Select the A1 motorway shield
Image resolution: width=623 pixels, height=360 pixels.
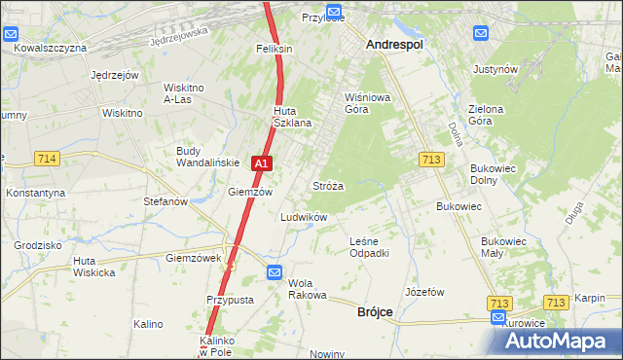(x=260, y=165)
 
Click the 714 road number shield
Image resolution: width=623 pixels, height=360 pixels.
(x=46, y=158)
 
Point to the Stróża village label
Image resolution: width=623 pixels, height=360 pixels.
(x=326, y=185)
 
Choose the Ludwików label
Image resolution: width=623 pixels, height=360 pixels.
(x=303, y=217)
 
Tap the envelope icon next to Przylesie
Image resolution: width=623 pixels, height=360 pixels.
(x=336, y=12)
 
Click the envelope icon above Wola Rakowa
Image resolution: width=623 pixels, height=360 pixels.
(x=275, y=273)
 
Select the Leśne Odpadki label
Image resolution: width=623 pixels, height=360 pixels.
(x=369, y=247)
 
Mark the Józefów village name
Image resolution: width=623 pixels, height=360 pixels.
(x=424, y=292)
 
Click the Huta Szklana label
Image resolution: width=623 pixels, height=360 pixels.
(x=291, y=116)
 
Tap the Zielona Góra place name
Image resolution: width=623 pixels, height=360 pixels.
(x=485, y=115)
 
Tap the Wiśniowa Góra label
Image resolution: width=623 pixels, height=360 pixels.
(x=366, y=103)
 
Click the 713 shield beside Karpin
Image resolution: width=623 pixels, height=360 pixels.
(x=555, y=303)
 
